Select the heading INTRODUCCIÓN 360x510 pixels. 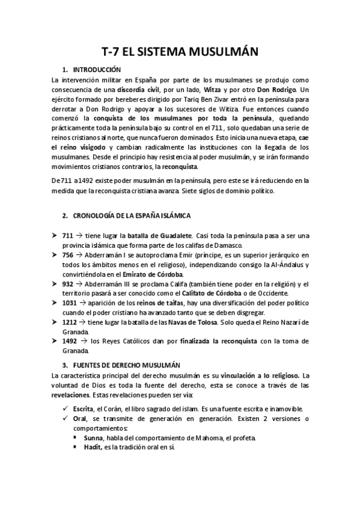pos(100,70)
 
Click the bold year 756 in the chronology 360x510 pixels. pos(68,255)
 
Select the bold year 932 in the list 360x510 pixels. pos(68,284)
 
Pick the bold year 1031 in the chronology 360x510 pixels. pos(70,303)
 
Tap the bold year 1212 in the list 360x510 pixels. pos(70,322)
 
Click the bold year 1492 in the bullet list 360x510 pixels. pos(70,342)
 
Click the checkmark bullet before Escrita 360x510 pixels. pos(56,408)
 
